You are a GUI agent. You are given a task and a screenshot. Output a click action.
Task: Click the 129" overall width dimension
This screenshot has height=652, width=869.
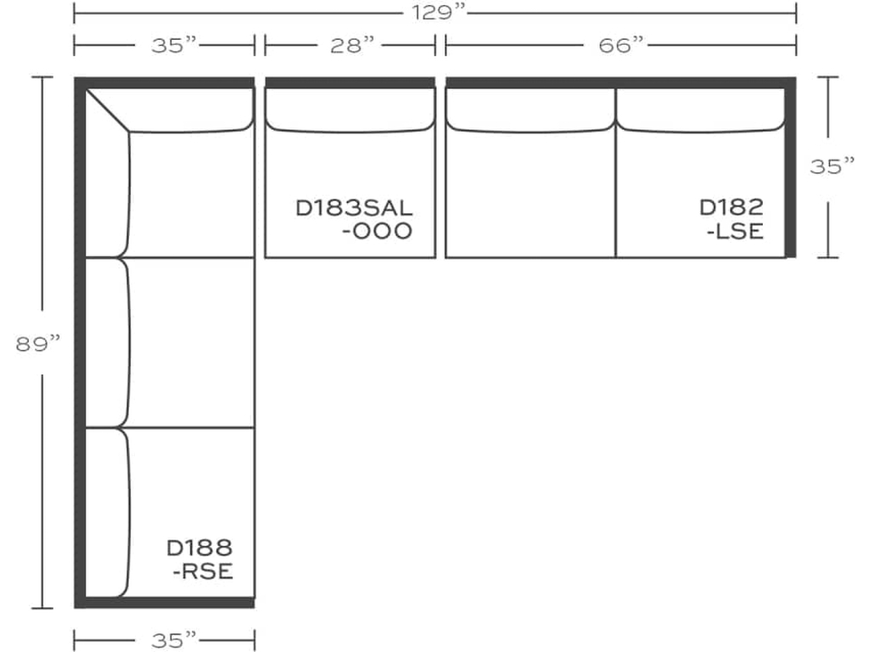click(x=434, y=12)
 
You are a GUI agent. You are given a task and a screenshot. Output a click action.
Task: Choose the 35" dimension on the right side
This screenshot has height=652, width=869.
click(x=831, y=166)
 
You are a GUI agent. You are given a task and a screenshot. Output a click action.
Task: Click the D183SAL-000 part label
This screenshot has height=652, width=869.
click(x=354, y=219)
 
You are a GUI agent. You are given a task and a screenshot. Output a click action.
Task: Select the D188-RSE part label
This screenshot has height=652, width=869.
click(x=200, y=559)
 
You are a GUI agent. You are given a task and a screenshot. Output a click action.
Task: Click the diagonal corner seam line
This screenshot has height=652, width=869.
click(x=108, y=110)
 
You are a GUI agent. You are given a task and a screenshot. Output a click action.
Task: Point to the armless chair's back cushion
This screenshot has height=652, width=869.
click(x=350, y=109)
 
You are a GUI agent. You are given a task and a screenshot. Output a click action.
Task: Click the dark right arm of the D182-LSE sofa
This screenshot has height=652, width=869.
click(x=790, y=170)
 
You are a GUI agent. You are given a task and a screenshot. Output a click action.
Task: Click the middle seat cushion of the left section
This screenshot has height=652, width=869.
click(x=192, y=342)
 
